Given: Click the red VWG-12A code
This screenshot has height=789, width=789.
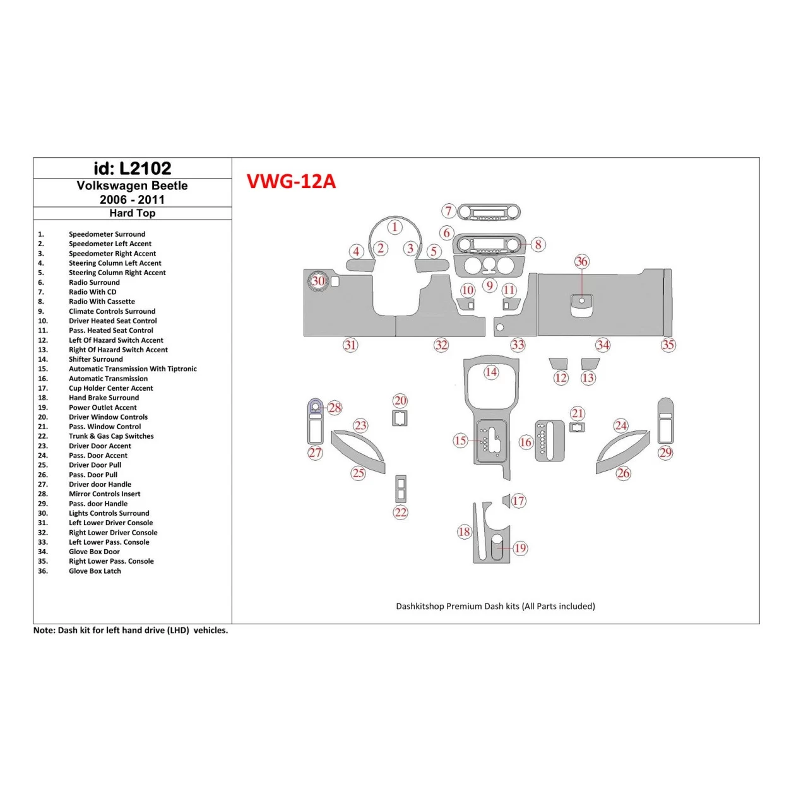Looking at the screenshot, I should [x=291, y=182].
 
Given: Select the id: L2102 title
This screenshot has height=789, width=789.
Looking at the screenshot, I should [x=133, y=169].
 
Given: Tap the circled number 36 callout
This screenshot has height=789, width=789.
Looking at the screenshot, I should [x=581, y=261].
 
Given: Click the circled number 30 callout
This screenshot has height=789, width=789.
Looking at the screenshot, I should [x=318, y=281].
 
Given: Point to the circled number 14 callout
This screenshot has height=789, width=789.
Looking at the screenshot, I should [x=491, y=372].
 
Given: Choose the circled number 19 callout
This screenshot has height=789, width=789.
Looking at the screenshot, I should [x=520, y=548].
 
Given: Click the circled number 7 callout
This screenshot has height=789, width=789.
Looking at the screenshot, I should [x=448, y=211].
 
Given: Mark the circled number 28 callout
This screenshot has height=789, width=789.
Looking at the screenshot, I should [x=335, y=408].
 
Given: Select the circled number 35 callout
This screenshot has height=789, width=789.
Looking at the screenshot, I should [x=668, y=345].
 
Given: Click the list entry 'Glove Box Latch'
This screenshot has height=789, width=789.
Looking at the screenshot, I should [x=95, y=571].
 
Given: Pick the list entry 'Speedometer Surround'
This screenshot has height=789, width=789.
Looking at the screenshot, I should [x=107, y=234].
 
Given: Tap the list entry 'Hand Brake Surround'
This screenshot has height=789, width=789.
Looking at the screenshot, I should [x=104, y=398].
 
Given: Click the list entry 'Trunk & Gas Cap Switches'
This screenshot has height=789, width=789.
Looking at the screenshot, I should [x=111, y=436].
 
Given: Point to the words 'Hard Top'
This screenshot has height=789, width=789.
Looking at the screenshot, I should [x=133, y=213].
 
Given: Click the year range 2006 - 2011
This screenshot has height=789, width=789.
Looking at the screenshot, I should [x=133, y=199].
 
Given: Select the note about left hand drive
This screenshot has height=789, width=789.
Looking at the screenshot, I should [x=131, y=631].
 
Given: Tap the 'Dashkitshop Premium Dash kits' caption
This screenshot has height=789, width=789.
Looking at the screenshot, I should [x=495, y=607].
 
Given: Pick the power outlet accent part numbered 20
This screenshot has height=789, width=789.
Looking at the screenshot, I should [x=400, y=418].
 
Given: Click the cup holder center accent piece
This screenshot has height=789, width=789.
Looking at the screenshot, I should [x=506, y=501].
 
